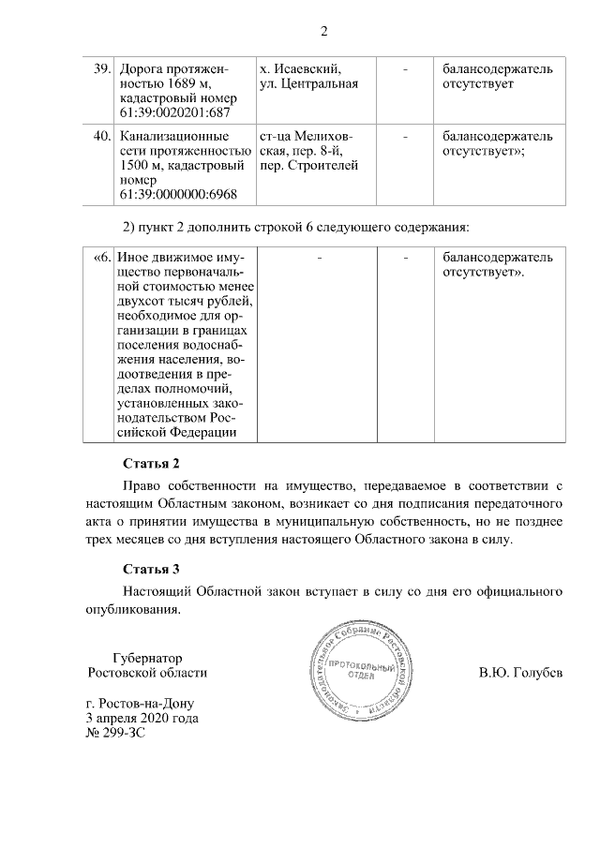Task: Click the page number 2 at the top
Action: [x=323, y=31]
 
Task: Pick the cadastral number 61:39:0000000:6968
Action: [x=177, y=195]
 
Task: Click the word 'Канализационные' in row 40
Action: [x=169, y=137]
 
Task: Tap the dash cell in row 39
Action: [x=405, y=69]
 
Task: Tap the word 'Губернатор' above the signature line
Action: [x=146, y=658]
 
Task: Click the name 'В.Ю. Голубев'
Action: [x=521, y=673]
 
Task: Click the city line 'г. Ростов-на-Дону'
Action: [x=142, y=703]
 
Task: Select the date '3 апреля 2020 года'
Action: [x=142, y=718]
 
